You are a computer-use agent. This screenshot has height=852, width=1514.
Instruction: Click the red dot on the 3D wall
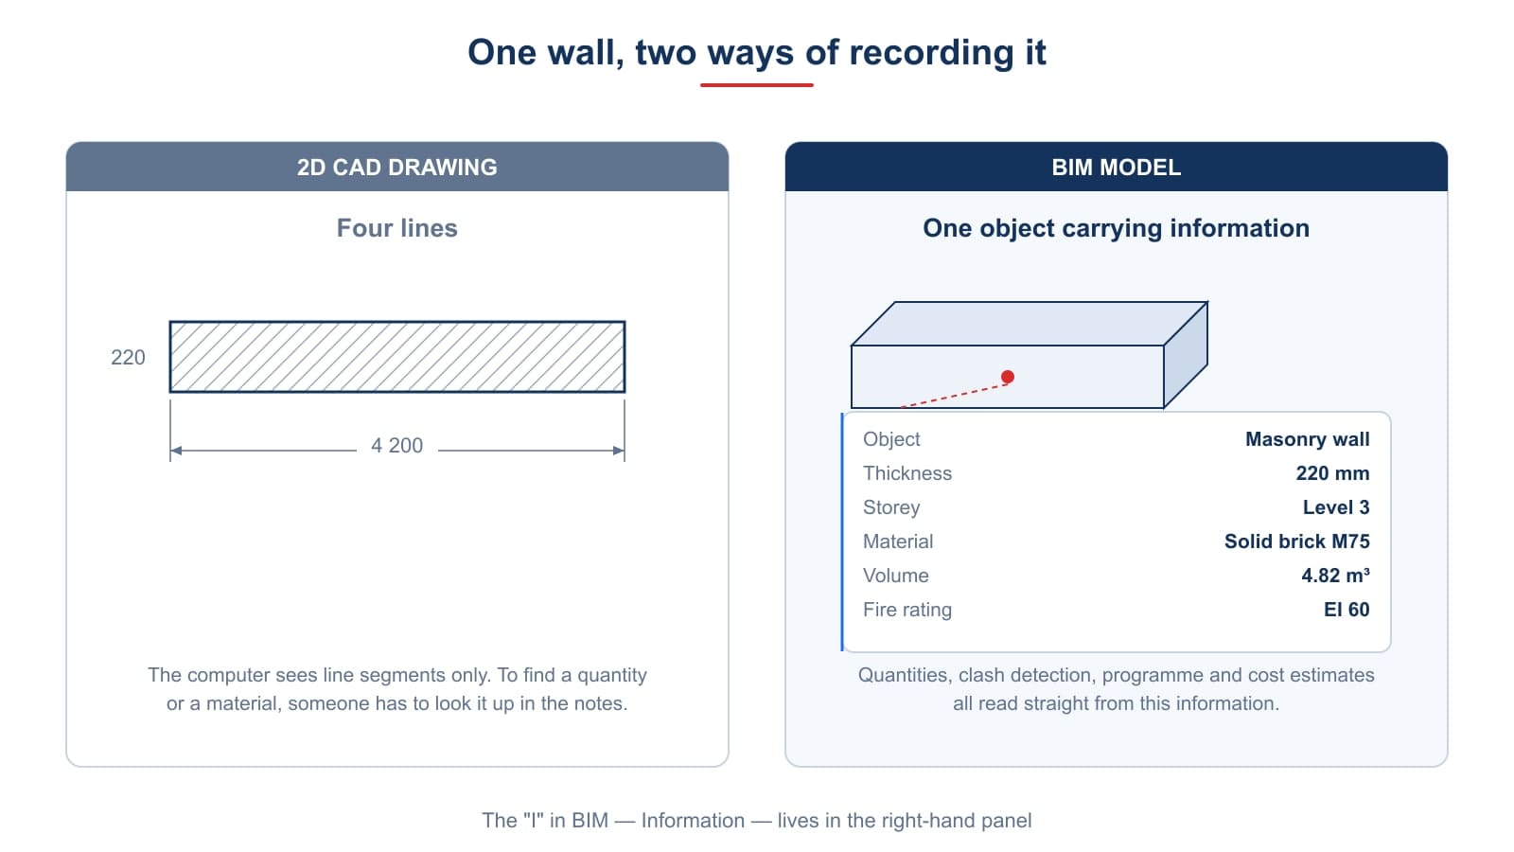(1007, 377)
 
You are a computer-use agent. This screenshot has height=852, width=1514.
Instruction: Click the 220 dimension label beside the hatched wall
(128, 357)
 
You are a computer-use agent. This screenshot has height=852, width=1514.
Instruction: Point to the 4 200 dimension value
(396, 446)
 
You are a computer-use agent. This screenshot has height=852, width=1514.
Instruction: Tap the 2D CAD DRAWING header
(396, 167)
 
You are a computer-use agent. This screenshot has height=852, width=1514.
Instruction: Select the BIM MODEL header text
(1116, 167)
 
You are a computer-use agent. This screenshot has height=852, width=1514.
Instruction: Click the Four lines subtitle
(396, 228)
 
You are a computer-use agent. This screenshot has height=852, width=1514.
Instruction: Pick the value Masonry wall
(1307, 439)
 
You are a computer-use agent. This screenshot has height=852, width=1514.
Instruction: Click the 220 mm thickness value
(1332, 473)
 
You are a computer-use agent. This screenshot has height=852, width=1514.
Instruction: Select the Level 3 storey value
(1335, 507)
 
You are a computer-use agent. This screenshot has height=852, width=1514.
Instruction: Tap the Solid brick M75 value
(1297, 541)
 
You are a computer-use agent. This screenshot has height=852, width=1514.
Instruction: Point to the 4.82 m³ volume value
(1335, 576)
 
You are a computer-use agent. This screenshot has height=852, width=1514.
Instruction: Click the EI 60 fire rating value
(1347, 610)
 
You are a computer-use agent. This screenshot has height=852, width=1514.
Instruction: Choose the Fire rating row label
(907, 610)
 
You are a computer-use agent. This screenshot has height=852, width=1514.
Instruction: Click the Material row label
(898, 541)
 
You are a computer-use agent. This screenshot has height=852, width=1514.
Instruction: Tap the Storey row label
(890, 507)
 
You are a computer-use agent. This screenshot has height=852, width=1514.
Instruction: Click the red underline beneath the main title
(756, 84)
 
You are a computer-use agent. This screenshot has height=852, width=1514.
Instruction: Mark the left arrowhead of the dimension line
(176, 451)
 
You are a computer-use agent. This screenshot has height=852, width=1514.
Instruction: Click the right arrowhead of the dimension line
(619, 451)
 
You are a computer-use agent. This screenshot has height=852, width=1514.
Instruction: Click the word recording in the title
(931, 53)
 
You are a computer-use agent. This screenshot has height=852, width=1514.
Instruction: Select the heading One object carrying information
(1116, 228)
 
